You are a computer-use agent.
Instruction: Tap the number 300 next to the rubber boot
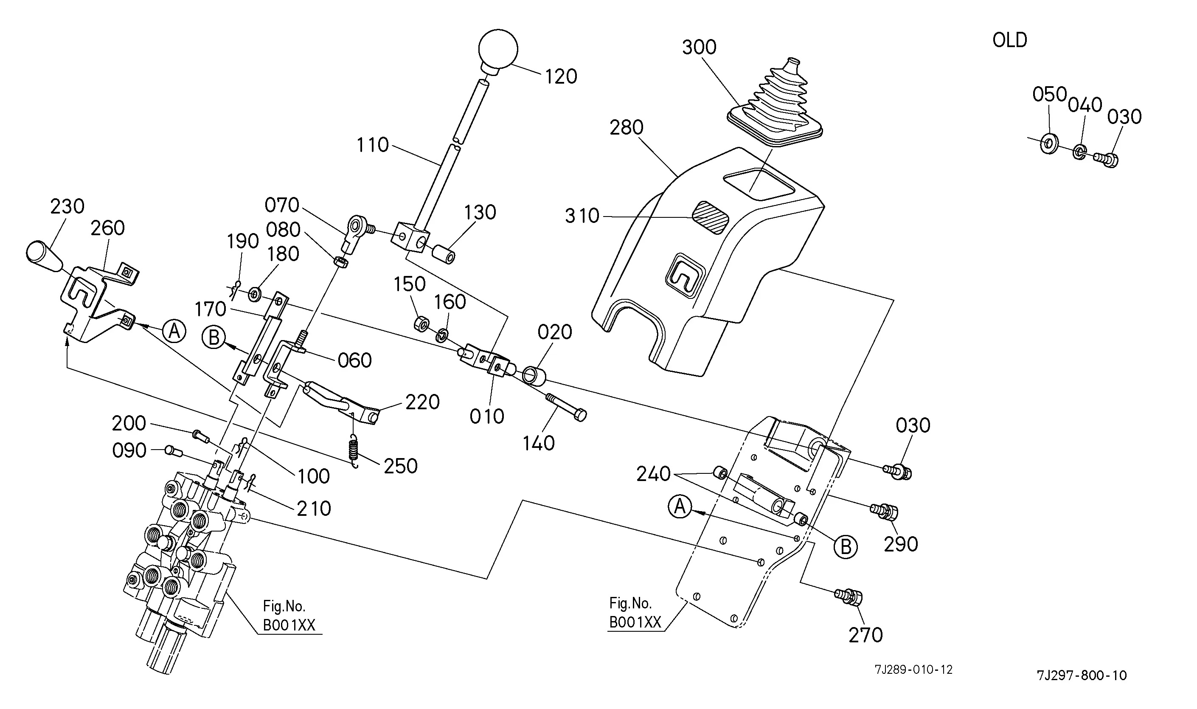[699, 47]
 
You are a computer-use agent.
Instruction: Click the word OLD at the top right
[1009, 40]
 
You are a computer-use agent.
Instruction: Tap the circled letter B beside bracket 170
[214, 338]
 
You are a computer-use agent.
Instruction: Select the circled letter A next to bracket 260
[174, 331]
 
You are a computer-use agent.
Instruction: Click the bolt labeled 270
[850, 597]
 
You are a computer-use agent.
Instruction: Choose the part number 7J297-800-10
[1082, 675]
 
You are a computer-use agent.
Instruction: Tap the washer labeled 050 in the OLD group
[1049, 143]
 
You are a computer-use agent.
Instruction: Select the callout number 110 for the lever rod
[373, 145]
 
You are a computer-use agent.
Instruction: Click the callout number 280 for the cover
[626, 127]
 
